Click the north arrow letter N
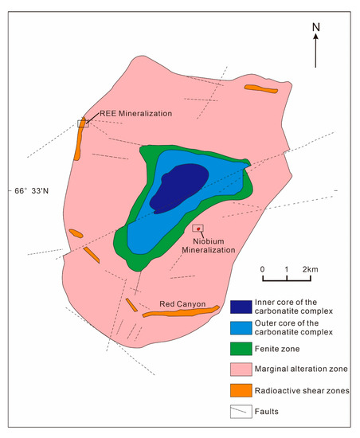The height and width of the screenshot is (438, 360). (316, 26)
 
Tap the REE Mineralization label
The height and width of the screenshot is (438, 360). (136, 114)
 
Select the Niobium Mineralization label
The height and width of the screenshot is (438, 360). (214, 244)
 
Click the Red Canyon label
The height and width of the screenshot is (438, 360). (182, 303)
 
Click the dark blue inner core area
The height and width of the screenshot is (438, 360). (177, 188)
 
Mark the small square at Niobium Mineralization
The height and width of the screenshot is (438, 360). (209, 229)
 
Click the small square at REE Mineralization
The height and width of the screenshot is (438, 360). (82, 123)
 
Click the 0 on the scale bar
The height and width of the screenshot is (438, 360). (263, 269)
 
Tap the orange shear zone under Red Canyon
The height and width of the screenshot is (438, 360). (181, 311)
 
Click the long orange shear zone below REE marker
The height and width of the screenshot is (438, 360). (78, 143)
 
